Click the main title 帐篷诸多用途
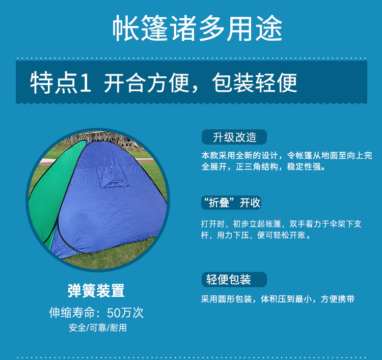tap(197, 28)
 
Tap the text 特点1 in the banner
tap(61, 83)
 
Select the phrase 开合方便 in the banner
tap(147, 83)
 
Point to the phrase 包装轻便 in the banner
tap(255, 83)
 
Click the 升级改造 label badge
tap(234, 137)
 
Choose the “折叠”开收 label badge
tap(231, 203)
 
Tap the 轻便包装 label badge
tap(234, 280)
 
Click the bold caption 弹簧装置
tap(96, 291)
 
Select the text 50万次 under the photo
tap(125, 313)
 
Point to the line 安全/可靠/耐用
tap(98, 328)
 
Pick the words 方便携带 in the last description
tap(337, 299)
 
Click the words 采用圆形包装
tap(226, 299)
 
